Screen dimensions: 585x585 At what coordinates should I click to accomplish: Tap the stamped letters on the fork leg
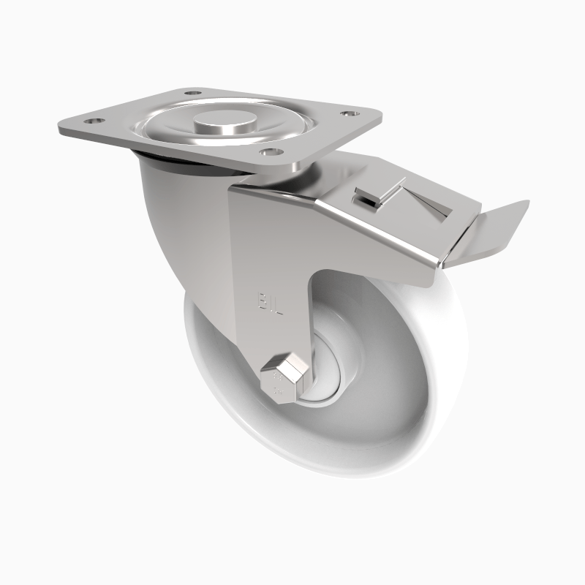[269, 302]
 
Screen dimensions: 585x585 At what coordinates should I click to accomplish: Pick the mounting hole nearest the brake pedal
[347, 114]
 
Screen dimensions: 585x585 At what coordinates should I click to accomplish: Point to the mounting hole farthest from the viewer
[193, 94]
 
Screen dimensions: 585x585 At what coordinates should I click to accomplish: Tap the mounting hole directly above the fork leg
[271, 152]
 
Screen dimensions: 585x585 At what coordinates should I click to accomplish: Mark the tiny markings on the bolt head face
[277, 384]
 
